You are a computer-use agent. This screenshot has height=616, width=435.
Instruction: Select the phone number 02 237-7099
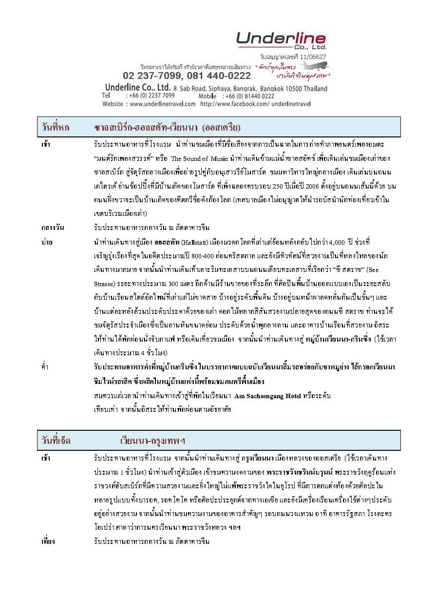pos(151,76)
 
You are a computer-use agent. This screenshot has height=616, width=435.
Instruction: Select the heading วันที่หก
pos(56,128)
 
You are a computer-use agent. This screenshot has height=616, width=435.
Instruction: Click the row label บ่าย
pos(47,242)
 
